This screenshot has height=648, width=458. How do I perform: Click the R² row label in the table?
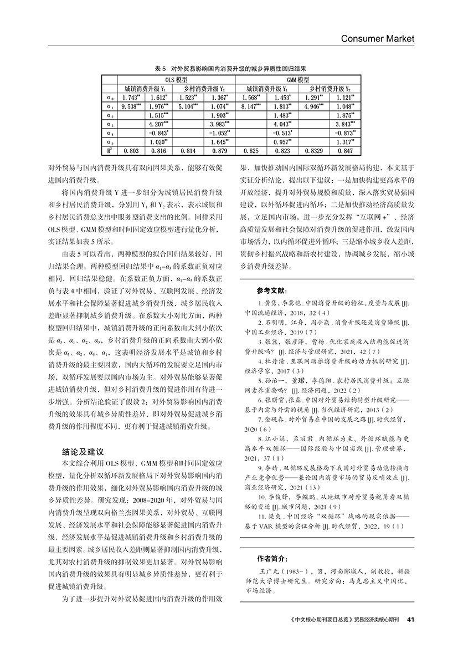click(110, 150)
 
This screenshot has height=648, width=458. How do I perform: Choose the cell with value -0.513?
click(282, 132)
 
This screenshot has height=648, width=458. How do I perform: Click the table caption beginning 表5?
click(230, 69)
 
